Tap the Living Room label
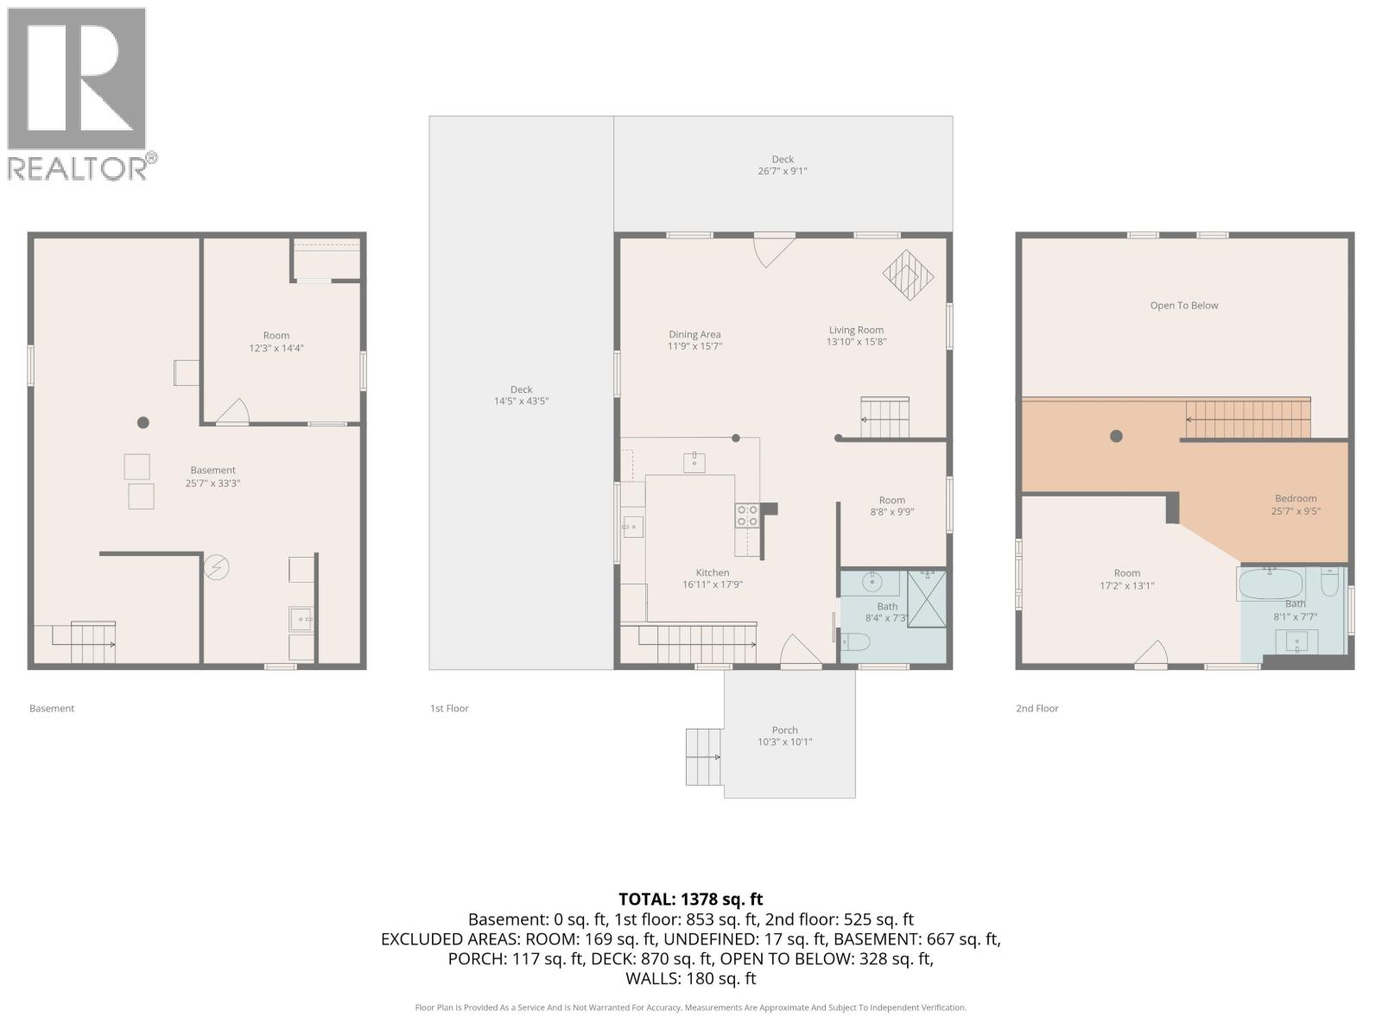tap(856, 330)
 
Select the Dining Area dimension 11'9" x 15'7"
tap(694, 346)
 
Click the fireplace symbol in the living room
tap(908, 275)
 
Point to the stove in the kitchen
tap(747, 515)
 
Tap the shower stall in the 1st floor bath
tap(927, 599)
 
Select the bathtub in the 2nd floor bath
tap(1271, 584)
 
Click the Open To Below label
tap(1183, 306)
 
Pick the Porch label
tap(784, 730)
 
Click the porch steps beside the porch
tap(704, 757)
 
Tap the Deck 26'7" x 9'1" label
tap(783, 165)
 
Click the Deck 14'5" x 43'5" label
tap(521, 395)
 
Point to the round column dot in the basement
tap(143, 422)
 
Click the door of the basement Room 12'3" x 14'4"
tap(232, 413)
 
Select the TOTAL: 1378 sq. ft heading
tap(690, 899)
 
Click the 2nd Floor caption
tap(1036, 709)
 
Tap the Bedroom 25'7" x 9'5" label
tap(1296, 504)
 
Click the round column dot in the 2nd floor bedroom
tap(1116, 436)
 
